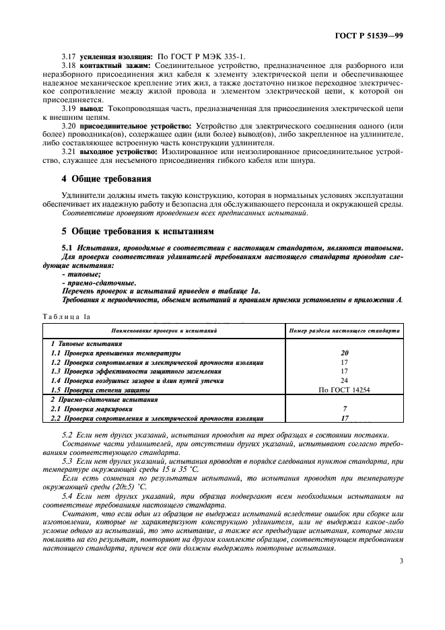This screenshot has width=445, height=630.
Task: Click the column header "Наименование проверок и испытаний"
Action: (164, 331)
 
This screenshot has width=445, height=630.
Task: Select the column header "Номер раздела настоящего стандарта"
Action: (344, 331)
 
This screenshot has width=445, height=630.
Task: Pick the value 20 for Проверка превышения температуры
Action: (344, 353)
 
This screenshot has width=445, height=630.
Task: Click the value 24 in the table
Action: (344, 380)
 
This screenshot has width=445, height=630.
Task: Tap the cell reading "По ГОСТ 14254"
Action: (344, 390)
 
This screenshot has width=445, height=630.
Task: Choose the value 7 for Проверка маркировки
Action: (344, 409)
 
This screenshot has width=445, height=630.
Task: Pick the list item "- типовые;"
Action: (75, 275)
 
